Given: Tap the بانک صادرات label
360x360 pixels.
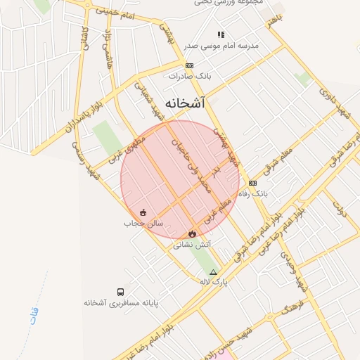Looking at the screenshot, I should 185,75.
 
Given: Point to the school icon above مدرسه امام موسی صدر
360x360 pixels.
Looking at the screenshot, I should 221,34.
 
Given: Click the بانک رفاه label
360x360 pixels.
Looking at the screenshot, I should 254,193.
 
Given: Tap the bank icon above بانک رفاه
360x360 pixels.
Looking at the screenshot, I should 253,183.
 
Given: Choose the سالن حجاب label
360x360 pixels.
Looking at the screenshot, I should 143,223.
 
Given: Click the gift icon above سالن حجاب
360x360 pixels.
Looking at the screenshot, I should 143,212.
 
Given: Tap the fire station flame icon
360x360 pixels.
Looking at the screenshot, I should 191,233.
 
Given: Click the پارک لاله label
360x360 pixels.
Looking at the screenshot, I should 214,282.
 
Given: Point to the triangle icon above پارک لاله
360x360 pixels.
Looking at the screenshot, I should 214,272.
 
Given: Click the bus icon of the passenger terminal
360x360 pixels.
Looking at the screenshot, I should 121,292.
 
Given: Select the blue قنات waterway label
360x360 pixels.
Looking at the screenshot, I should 34,315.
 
